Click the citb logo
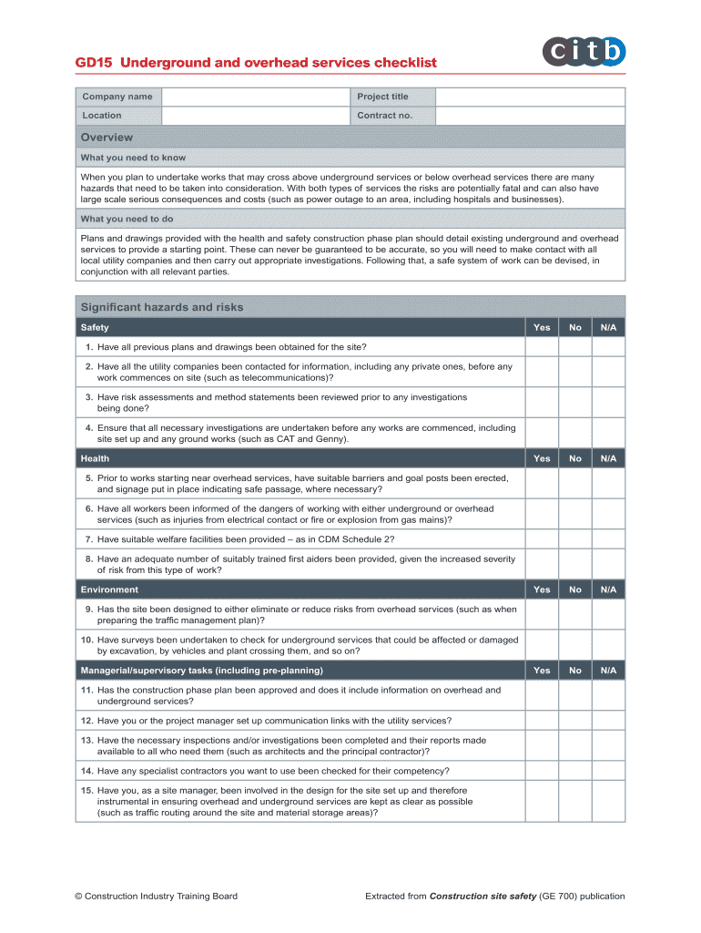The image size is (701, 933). pos(584,51)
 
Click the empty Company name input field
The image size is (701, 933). pos(255,97)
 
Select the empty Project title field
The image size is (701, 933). pos(530,97)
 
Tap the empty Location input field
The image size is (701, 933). pos(255,116)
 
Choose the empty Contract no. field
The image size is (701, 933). pos(530,116)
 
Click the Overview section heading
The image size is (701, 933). pos(107,138)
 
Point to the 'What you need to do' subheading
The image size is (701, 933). pos(127,219)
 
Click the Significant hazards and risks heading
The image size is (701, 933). pos(162,307)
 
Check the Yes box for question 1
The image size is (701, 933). pos(542,347)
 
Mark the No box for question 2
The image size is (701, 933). pos(574,372)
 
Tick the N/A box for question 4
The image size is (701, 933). pos(608,433)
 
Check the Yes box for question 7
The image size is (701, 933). pos(542,538)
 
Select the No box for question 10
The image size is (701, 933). pos(574,645)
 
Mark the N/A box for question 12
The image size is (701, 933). pos(608,720)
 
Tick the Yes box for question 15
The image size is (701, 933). pos(542,802)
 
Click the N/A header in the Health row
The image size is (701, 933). pos(608,458)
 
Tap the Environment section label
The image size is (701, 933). pos(109,590)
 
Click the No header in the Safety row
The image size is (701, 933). pos(574,327)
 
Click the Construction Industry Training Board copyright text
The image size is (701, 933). pos(156,896)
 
